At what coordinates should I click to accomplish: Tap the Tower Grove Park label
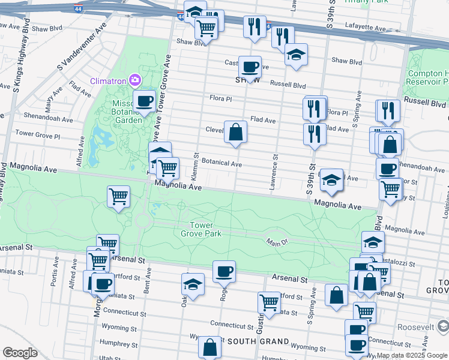pos(205,229)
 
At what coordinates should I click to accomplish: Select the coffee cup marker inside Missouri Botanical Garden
pos(144,102)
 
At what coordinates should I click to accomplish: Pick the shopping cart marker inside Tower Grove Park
pos(118,196)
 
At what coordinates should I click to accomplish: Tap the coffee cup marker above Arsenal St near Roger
pos(224,272)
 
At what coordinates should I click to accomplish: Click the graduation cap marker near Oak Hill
pos(193,284)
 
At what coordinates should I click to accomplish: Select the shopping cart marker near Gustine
pos(268,303)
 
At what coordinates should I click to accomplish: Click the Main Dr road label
pos(277,241)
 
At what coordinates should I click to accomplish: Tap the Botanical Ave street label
pos(221,163)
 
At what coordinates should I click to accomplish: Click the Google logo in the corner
pos(20,353)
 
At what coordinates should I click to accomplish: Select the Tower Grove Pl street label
pos(35,133)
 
